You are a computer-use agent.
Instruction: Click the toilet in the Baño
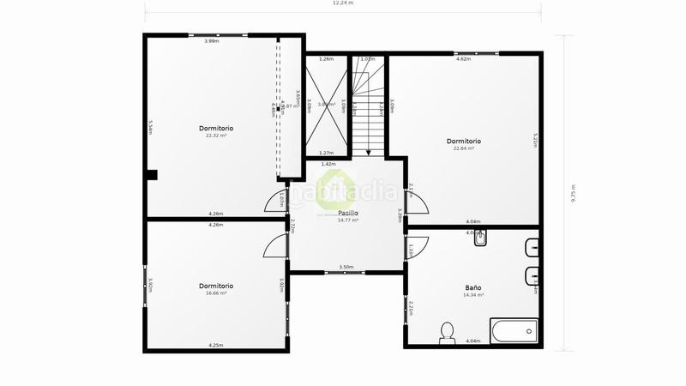(447, 331)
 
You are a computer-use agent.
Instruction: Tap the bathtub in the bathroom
(514, 330)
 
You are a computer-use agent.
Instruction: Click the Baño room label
(473, 287)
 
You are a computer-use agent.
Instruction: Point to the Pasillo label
(347, 213)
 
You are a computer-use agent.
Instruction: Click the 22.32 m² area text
(215, 136)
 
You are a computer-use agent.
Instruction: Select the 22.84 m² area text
(464, 148)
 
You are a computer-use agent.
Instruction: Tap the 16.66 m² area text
(216, 293)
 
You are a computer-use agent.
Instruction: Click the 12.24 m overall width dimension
(343, 3)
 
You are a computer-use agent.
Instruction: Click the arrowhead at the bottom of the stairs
(369, 152)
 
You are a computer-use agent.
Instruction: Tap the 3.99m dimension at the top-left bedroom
(211, 40)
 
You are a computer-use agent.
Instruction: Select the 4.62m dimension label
(463, 59)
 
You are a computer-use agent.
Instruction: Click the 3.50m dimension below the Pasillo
(346, 267)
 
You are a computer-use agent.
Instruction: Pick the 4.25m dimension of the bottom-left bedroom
(215, 345)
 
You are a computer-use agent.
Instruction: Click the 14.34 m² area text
(473, 295)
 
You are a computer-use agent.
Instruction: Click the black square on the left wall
(151, 175)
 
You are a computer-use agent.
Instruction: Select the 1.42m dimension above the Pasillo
(328, 163)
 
